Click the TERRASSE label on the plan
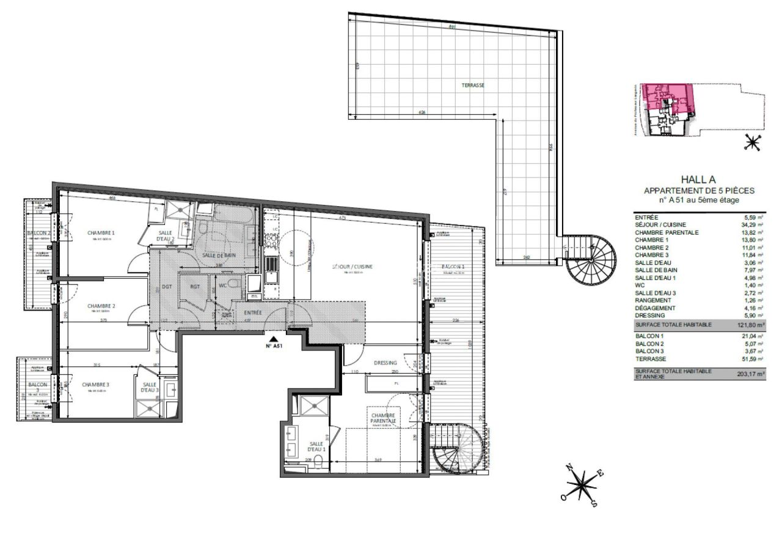click(x=472, y=86)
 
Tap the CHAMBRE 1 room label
click(x=101, y=233)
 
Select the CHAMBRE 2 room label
click(x=101, y=306)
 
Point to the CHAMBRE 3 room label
click(x=95, y=385)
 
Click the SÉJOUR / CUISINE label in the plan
click(x=353, y=267)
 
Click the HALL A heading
click(x=698, y=181)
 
